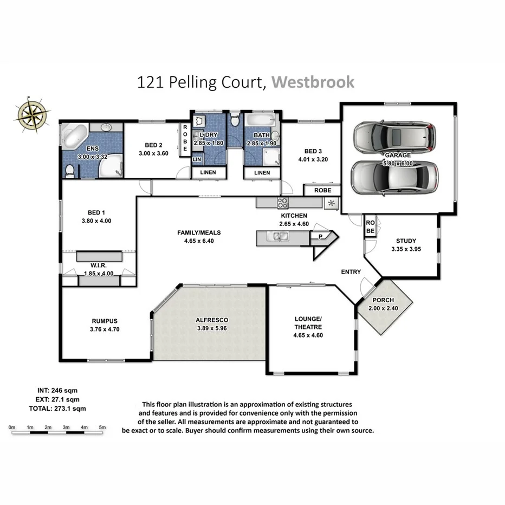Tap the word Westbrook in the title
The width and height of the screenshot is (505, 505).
[313, 82]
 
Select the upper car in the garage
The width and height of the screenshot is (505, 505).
[393, 137]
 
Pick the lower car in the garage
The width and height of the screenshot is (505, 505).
[394, 177]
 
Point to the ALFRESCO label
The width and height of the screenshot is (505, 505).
[211, 320]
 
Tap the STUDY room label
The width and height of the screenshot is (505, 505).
[406, 241]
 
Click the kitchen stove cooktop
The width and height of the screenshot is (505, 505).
[283, 203]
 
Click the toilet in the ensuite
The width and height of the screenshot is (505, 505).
[69, 172]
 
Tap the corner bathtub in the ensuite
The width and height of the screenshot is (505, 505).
[73, 135]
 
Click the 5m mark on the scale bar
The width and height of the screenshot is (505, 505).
[102, 428]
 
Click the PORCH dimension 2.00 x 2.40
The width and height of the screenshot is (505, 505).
[383, 308]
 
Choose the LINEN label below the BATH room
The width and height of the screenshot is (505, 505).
[262, 173]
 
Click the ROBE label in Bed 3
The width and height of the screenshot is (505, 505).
[321, 191]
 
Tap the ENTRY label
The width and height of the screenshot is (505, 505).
[351, 271]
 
